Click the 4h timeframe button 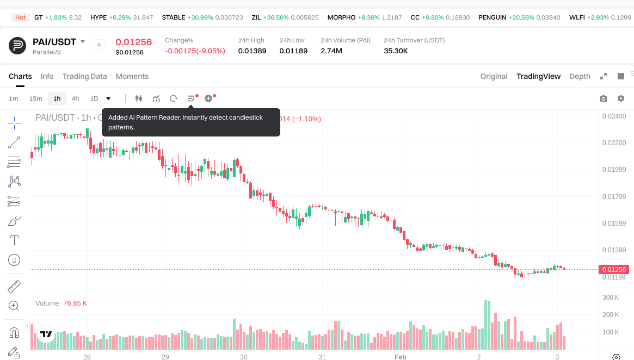(x=75, y=98)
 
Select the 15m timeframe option (x=35, y=98)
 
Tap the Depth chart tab (x=580, y=76)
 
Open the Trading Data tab (x=84, y=76)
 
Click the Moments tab (x=132, y=76)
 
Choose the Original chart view (x=494, y=76)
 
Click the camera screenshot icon (x=603, y=98)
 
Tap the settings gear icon (x=620, y=98)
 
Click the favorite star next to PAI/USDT (x=99, y=45)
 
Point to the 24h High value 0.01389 (x=252, y=51)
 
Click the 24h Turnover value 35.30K (x=396, y=51)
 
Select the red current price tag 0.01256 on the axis (x=613, y=269)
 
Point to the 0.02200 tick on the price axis (x=614, y=143)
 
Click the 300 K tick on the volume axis (x=611, y=297)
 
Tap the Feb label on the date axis (x=400, y=357)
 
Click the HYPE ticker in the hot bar (x=99, y=17)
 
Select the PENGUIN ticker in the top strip (x=492, y=17)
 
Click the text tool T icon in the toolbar (x=15, y=240)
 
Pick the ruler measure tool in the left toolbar (x=15, y=286)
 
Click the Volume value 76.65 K (x=75, y=303)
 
